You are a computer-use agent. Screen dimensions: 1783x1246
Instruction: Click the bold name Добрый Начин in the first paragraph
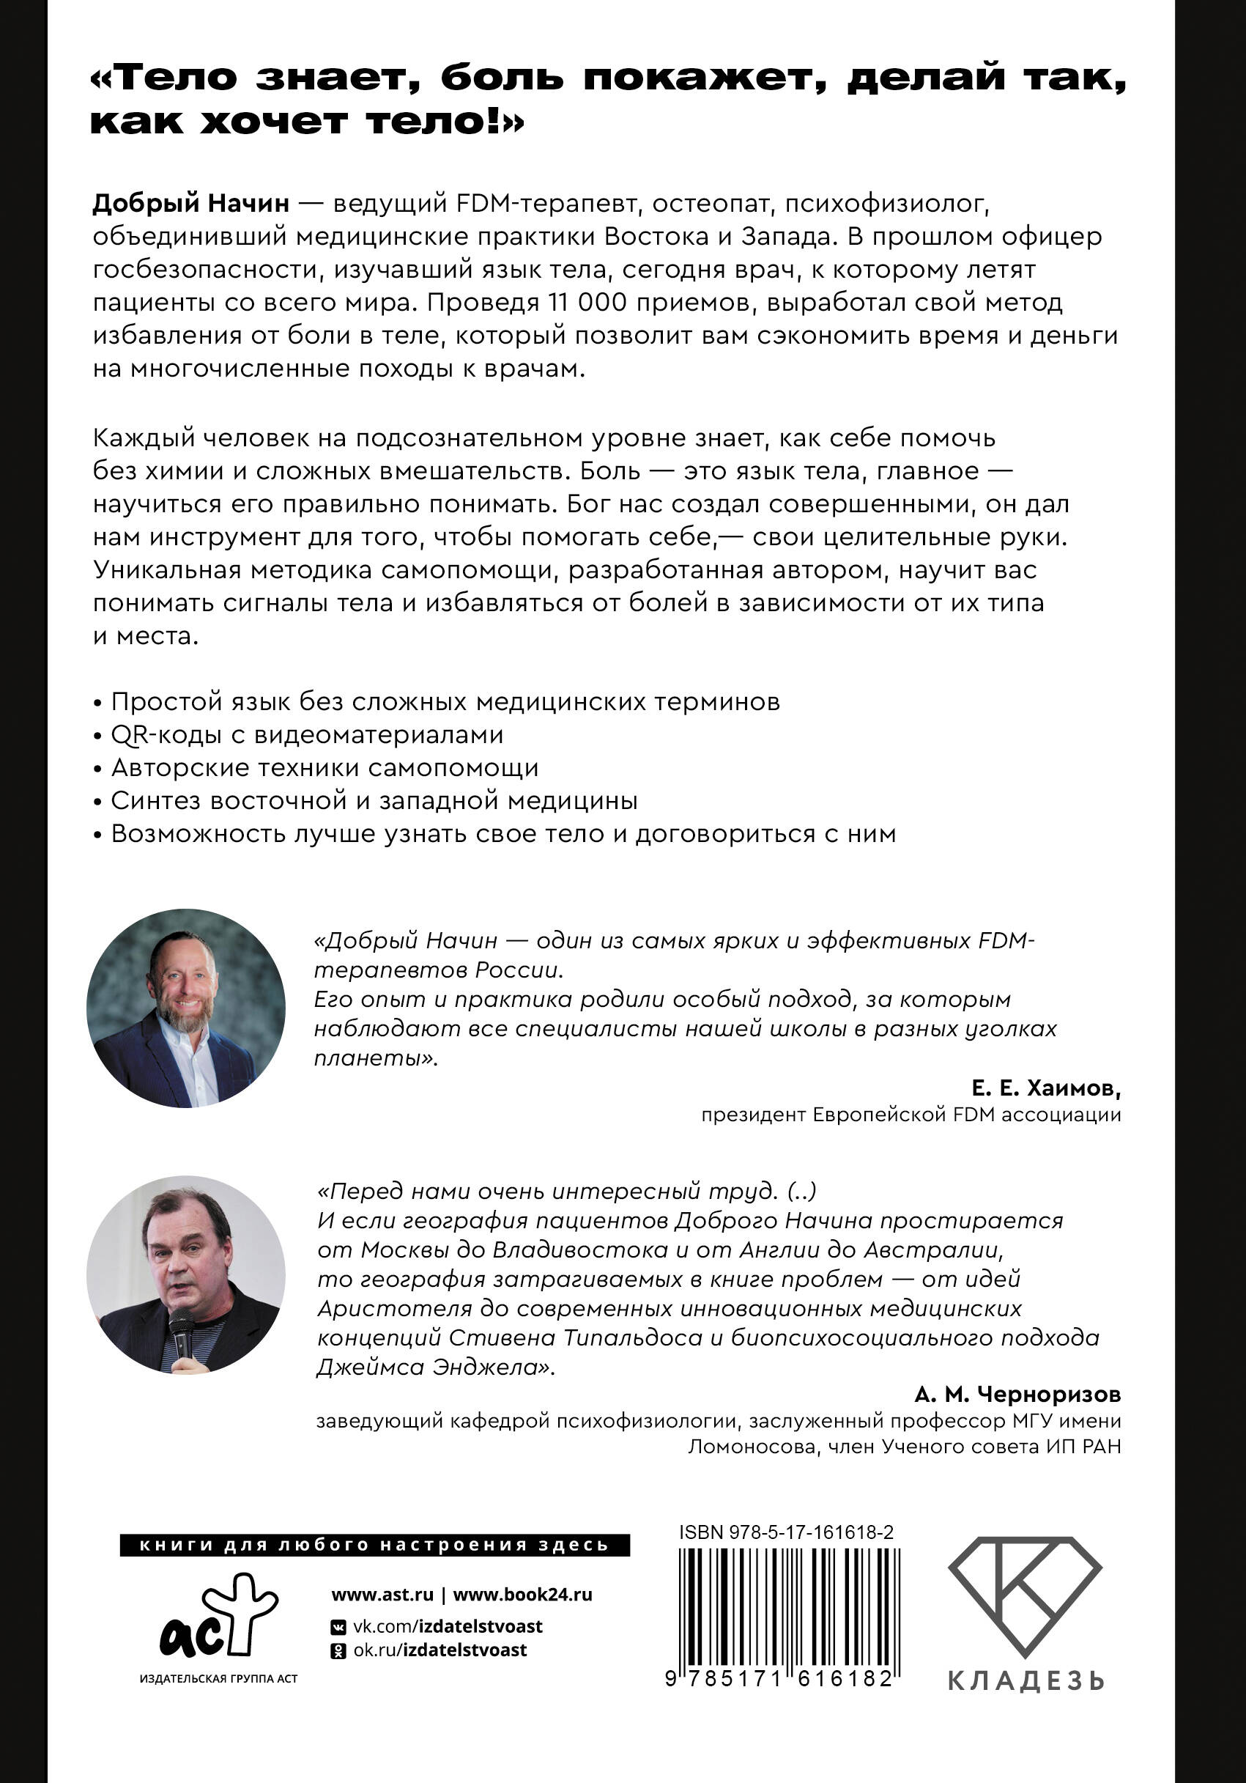coord(191,204)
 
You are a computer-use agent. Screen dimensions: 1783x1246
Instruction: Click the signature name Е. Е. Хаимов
coord(1045,1089)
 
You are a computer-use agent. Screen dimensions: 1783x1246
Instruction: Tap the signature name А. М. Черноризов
coord(1017,1395)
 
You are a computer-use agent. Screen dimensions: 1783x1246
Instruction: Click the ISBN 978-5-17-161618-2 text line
coord(786,1532)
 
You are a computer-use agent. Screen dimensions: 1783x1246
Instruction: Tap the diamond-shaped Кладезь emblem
coord(1025,1596)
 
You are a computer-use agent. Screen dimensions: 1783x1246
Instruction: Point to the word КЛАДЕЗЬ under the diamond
coord(1026,1681)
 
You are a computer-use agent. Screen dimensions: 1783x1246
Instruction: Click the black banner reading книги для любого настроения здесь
coord(374,1546)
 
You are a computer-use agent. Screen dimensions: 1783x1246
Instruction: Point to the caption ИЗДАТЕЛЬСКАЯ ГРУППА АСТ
coord(218,1679)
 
